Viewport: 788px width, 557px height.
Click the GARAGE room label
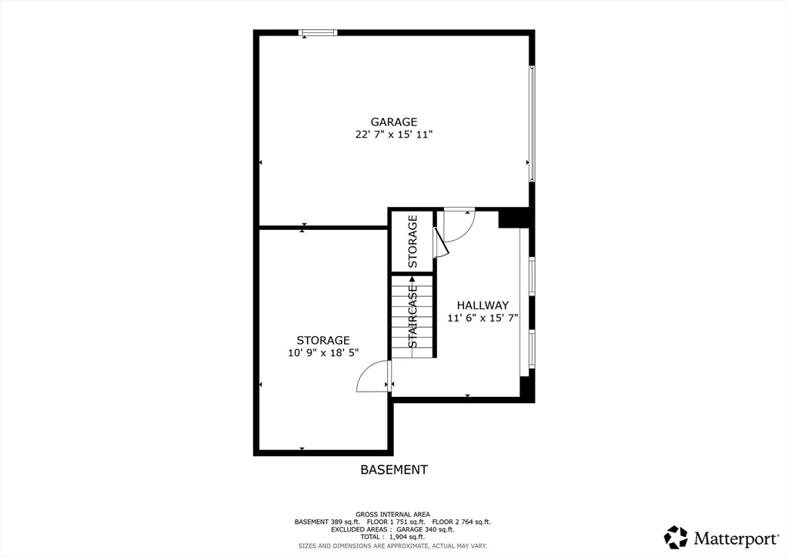click(394, 122)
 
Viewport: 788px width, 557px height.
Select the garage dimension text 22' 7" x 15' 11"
click(394, 135)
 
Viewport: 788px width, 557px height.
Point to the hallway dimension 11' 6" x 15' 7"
click(482, 318)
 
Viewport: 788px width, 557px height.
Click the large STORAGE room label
click(323, 340)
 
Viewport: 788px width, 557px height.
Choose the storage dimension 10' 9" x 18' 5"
click(323, 353)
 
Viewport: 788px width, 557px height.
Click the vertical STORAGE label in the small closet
click(412, 241)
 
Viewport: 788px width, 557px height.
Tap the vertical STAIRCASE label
click(413, 318)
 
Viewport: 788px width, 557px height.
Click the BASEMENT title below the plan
click(394, 469)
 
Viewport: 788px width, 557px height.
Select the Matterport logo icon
click(676, 536)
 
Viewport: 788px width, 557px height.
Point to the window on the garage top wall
click(318, 32)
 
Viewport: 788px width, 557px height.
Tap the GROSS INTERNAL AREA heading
click(392, 514)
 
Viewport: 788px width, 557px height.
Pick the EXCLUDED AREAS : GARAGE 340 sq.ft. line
click(392, 529)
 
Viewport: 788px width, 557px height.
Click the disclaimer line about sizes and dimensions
click(392, 545)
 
